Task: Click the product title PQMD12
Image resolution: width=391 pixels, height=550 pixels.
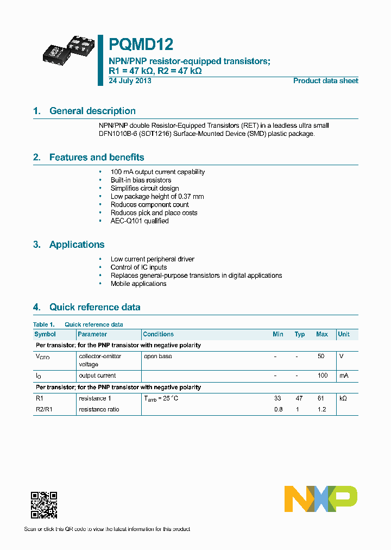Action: (141, 44)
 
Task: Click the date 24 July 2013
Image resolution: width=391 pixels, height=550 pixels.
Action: (130, 80)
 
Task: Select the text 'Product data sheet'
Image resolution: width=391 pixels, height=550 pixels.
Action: (325, 80)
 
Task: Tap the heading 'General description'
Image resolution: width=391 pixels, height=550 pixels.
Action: (92, 111)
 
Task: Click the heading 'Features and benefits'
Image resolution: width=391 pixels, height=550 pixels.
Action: (97, 157)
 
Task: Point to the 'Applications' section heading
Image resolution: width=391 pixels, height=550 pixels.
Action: (77, 245)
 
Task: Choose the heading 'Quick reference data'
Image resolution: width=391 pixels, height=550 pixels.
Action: (94, 307)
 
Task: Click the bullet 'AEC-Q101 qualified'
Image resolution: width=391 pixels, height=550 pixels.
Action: (140, 221)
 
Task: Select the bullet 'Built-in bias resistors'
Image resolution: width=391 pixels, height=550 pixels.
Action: (141, 180)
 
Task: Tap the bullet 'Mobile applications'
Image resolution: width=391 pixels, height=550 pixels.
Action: (138, 284)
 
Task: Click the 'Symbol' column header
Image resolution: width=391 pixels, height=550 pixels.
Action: (45, 334)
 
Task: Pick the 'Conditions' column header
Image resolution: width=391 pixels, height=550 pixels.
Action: (158, 334)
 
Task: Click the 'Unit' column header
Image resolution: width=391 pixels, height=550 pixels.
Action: (344, 334)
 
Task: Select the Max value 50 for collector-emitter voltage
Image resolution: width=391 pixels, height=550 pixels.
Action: (321, 357)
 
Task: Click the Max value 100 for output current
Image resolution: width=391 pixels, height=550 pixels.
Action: (323, 376)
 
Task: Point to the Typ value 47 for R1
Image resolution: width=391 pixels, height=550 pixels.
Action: (299, 398)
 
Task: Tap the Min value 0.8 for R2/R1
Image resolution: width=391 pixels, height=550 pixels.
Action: (279, 409)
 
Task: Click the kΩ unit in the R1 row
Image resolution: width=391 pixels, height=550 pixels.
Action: (343, 398)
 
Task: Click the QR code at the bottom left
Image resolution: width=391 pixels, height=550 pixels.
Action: (44, 505)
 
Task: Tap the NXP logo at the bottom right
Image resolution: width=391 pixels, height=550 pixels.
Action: (321, 498)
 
